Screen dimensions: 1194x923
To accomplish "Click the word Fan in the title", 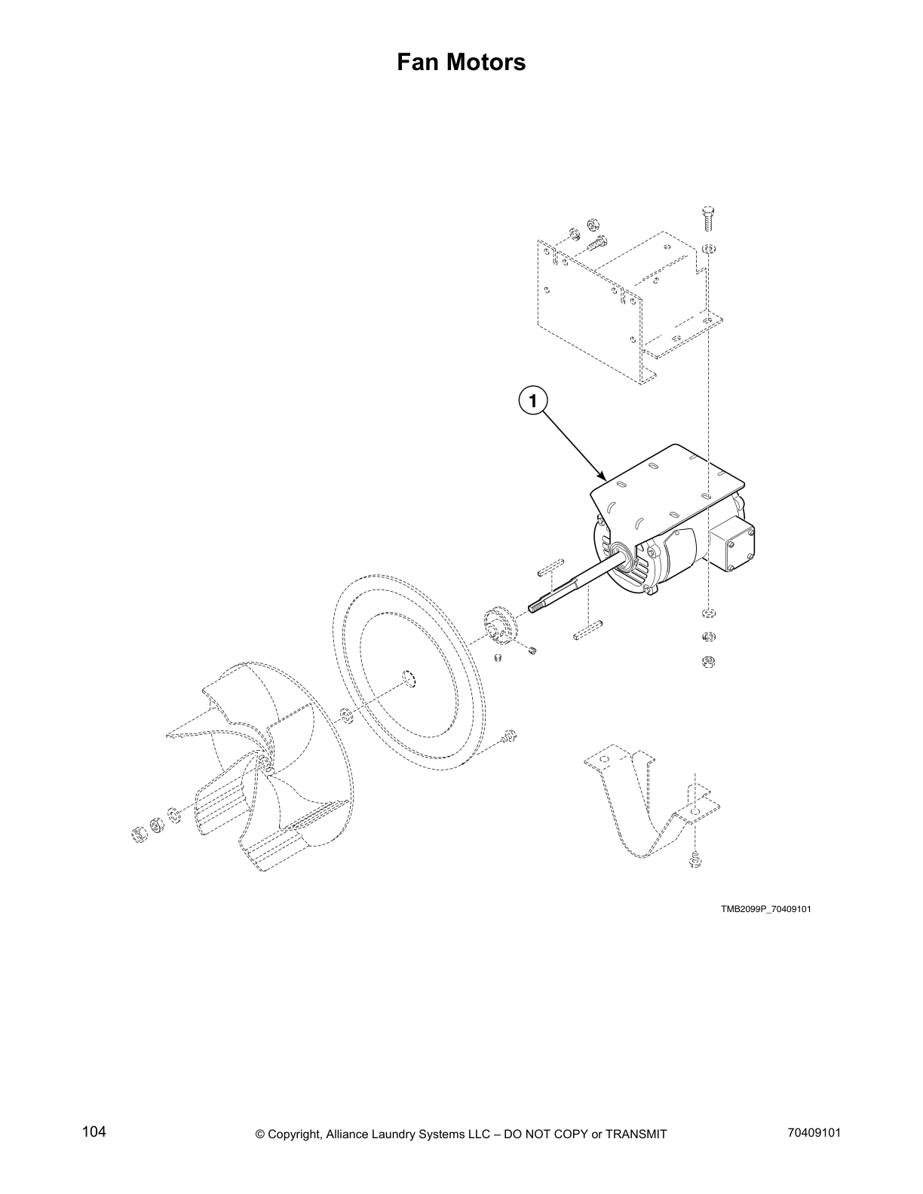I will pos(420,63).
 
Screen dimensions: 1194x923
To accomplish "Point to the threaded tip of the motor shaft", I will pos(536,606).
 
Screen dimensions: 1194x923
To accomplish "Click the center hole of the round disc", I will pos(408,678).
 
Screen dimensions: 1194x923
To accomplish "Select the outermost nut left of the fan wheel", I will pos(139,833).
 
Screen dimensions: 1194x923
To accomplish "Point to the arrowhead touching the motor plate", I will pos(603,476).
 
